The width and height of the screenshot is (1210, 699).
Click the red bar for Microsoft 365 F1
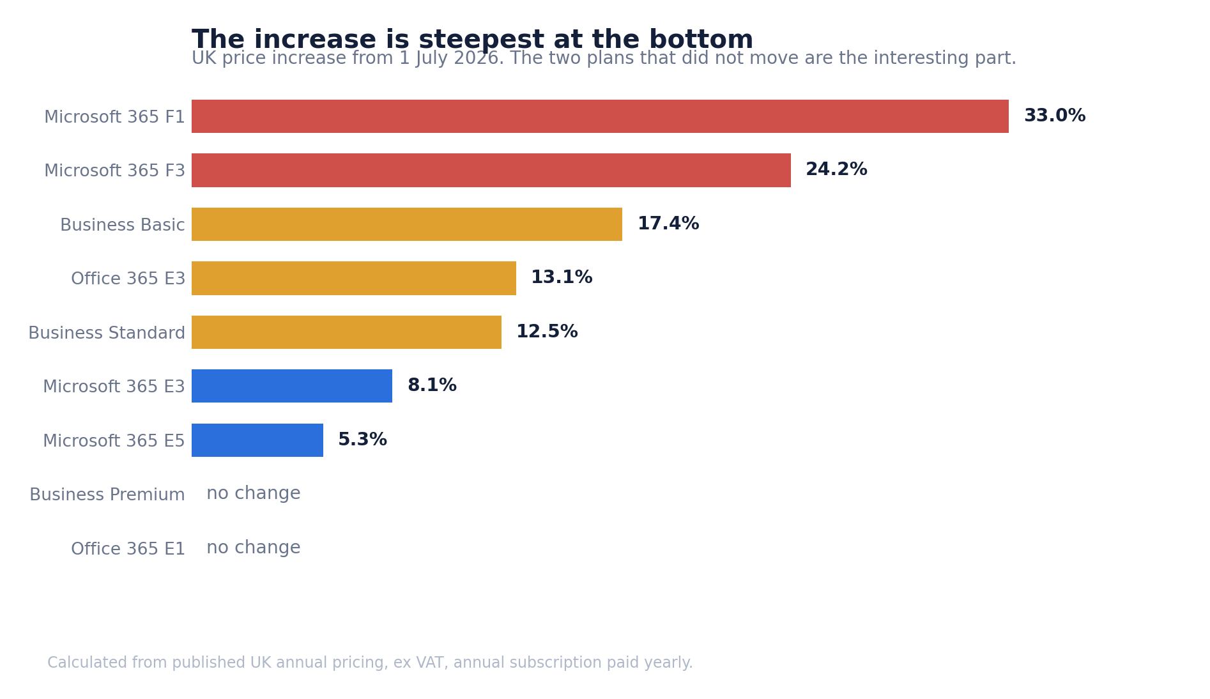click(x=600, y=116)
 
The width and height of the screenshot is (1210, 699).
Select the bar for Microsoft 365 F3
click(x=491, y=170)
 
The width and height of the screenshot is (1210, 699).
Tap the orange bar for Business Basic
click(x=407, y=224)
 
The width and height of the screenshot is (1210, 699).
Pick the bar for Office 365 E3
click(x=354, y=278)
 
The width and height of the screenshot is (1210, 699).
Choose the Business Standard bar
click(x=346, y=332)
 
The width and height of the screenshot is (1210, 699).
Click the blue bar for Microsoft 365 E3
click(x=292, y=386)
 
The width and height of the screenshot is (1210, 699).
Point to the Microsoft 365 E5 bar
click(x=257, y=440)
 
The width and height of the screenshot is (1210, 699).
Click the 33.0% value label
click(x=1055, y=116)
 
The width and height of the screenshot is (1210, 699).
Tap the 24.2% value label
click(x=836, y=170)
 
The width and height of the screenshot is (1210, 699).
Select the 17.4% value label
click(x=668, y=224)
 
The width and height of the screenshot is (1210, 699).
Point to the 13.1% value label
click(x=562, y=278)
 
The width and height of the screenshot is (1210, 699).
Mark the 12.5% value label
click(x=547, y=332)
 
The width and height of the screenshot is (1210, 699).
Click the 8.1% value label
click(x=432, y=386)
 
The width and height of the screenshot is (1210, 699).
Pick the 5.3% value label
click(x=362, y=440)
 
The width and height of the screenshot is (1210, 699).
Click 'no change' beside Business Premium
click(x=254, y=494)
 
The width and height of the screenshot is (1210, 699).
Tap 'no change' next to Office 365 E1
click(x=254, y=548)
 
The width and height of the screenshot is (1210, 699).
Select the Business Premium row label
click(x=107, y=495)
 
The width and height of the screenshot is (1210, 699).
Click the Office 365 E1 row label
click(x=128, y=549)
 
